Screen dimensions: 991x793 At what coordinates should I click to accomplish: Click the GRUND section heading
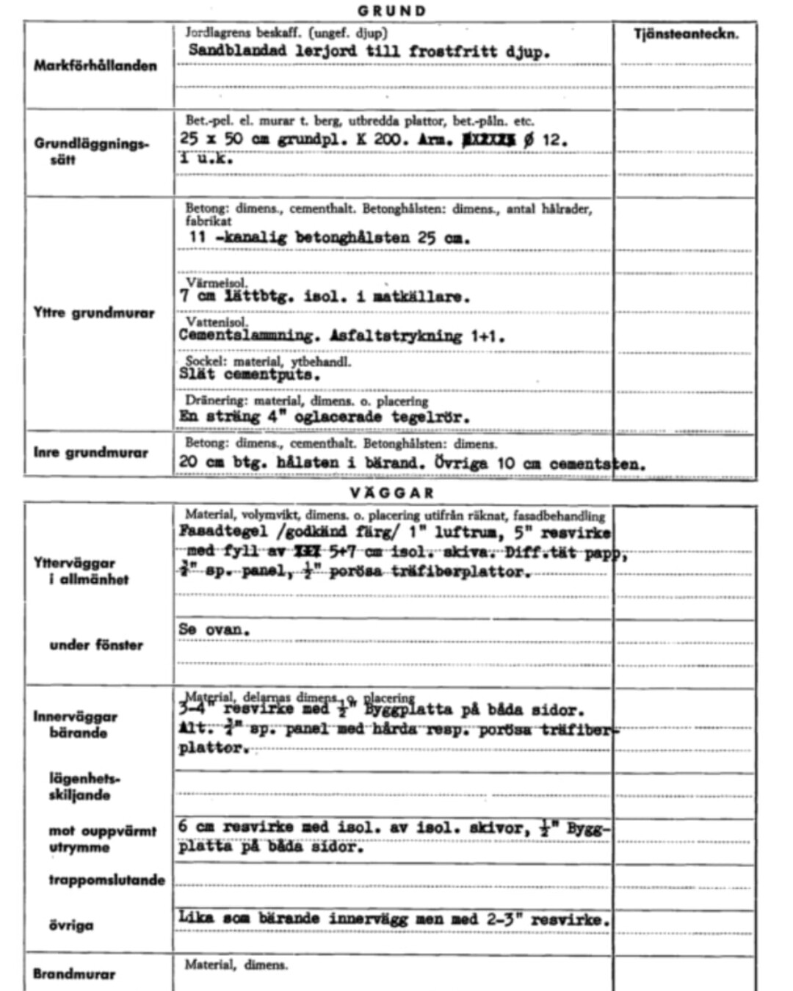click(392, 11)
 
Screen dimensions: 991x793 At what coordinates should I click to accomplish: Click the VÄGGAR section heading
click(392, 493)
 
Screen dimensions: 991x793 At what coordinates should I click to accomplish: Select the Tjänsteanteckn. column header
click(685, 34)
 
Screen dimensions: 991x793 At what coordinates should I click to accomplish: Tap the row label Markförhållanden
click(95, 66)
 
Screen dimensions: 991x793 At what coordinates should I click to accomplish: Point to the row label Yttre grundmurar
click(94, 313)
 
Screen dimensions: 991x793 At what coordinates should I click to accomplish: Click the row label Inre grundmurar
click(90, 452)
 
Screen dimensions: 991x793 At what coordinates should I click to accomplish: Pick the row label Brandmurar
click(74, 974)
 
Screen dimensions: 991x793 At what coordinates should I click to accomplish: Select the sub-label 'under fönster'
click(96, 645)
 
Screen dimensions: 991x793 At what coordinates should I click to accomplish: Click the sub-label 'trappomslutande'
click(107, 879)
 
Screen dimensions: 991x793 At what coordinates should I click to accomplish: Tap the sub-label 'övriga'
click(71, 925)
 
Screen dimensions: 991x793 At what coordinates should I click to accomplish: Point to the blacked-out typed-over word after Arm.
click(488, 139)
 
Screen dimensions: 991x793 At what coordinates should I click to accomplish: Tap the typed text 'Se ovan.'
click(214, 630)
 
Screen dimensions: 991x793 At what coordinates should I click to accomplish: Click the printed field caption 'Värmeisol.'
click(217, 283)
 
